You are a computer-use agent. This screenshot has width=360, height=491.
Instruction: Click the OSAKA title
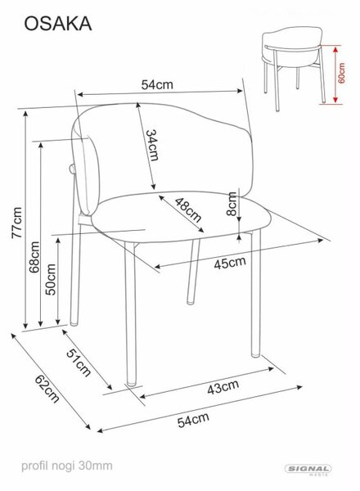(58, 24)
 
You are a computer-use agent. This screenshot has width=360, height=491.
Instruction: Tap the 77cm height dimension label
(17, 223)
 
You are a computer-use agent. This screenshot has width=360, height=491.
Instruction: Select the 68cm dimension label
(34, 257)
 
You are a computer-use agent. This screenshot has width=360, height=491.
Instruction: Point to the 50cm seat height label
(51, 279)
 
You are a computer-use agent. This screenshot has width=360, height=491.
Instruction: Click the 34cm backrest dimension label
(152, 145)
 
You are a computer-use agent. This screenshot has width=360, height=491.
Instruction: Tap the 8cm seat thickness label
(232, 204)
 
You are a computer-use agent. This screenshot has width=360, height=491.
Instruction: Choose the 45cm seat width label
(230, 263)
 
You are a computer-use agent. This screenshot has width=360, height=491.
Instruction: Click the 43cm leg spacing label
(223, 387)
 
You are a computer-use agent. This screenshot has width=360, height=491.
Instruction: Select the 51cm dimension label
(79, 363)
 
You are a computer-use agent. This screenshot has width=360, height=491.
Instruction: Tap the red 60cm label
(341, 74)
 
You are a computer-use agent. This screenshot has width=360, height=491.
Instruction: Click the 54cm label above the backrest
(157, 84)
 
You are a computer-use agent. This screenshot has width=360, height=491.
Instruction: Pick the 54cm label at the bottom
(193, 420)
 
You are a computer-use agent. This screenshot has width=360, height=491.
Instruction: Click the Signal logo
(308, 470)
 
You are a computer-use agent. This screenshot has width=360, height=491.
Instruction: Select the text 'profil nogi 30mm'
(66, 466)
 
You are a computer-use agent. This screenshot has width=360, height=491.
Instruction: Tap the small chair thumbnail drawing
(293, 68)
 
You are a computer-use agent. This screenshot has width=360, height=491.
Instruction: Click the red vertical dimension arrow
(335, 74)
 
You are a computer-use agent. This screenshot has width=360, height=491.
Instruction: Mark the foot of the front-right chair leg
(256, 354)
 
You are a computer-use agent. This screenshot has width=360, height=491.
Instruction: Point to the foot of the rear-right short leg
(191, 302)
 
